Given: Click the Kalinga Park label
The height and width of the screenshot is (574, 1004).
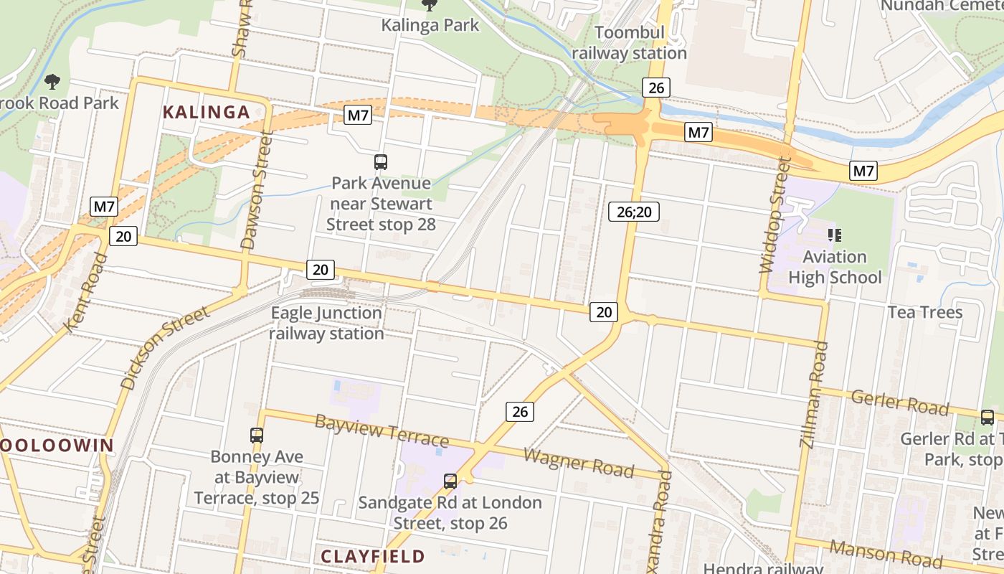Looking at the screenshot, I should [x=430, y=25].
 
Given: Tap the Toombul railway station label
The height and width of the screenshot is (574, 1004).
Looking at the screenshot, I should [x=630, y=43].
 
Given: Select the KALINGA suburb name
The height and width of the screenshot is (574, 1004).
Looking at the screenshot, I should [x=206, y=112].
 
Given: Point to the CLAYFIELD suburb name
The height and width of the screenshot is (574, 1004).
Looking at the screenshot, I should [x=372, y=556].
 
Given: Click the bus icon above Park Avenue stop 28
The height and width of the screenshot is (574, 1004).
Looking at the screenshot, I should [x=381, y=162].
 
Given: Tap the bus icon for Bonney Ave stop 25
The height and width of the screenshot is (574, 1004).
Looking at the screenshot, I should [x=257, y=435].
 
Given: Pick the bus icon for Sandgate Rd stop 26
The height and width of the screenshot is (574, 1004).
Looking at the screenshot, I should [x=450, y=481].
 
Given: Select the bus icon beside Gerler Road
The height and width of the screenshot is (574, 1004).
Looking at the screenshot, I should [x=988, y=417].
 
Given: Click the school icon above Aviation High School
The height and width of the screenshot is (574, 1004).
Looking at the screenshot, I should [x=834, y=235].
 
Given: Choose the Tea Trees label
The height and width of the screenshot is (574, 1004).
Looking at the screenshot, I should [x=925, y=312].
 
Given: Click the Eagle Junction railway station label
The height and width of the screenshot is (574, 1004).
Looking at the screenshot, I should [x=326, y=324].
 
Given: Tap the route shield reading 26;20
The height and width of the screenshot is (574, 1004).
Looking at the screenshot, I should [x=634, y=211].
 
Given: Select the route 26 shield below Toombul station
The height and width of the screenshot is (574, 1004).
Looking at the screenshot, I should [x=655, y=88].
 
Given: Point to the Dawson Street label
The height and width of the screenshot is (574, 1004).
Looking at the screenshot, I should [x=257, y=190].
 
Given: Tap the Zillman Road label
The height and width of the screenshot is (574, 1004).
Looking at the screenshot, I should [x=815, y=395].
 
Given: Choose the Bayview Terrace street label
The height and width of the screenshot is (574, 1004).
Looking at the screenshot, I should [x=382, y=430].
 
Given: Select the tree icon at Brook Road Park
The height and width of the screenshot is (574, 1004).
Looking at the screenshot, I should [x=52, y=81].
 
